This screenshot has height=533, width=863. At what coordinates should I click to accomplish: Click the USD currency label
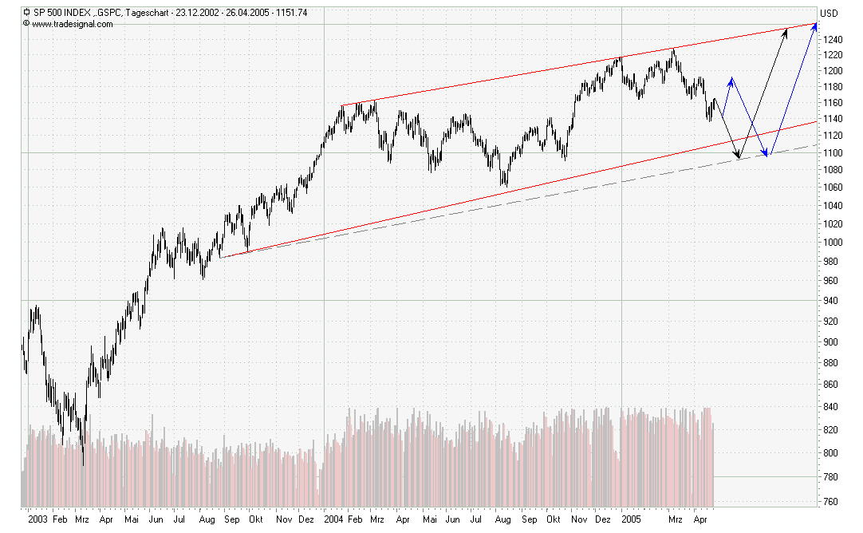pyautogui.click(x=830, y=13)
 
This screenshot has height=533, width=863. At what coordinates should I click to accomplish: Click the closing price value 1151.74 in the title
pyautogui.click(x=290, y=13)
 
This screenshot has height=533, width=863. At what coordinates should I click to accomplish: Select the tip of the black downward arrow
pyautogui.click(x=739, y=157)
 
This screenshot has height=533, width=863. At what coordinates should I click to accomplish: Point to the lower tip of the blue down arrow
pyautogui.click(x=767, y=156)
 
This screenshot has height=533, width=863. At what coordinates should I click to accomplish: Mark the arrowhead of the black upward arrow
pyautogui.click(x=787, y=29)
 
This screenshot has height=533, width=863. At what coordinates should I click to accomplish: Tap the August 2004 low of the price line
pyautogui.click(x=504, y=185)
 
